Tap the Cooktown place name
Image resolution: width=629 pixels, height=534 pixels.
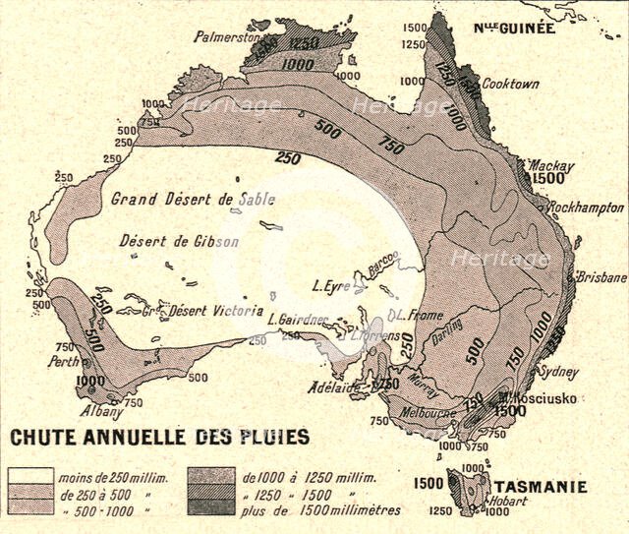tap(510, 85)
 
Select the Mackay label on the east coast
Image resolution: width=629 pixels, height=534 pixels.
tap(550, 166)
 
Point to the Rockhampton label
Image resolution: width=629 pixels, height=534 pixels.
tap(587, 208)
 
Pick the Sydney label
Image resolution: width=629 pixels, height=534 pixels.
tap(559, 372)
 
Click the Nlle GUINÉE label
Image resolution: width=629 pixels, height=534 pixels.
tap(515, 29)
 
